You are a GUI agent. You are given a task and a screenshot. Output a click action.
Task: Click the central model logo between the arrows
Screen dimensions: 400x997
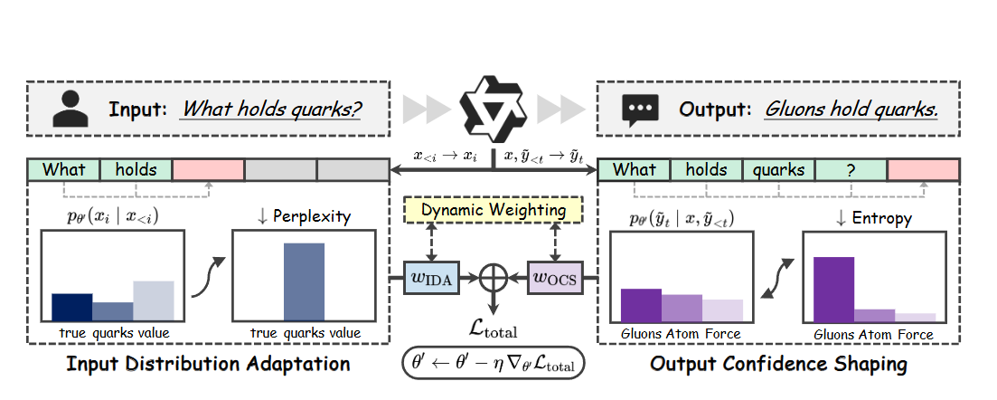tap(493, 108)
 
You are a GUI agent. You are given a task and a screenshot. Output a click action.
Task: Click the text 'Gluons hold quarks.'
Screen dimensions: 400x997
tap(851, 110)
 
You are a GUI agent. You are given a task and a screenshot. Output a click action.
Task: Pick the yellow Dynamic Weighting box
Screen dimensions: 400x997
tap(494, 211)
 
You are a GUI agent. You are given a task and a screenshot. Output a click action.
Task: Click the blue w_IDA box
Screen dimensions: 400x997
tap(431, 277)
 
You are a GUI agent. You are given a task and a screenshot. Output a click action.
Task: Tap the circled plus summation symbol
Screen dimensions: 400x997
tap(494, 277)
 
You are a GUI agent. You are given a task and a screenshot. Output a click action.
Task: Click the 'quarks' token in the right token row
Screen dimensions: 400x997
tap(778, 169)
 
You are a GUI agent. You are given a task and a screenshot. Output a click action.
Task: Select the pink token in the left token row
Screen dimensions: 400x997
tap(208, 169)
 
